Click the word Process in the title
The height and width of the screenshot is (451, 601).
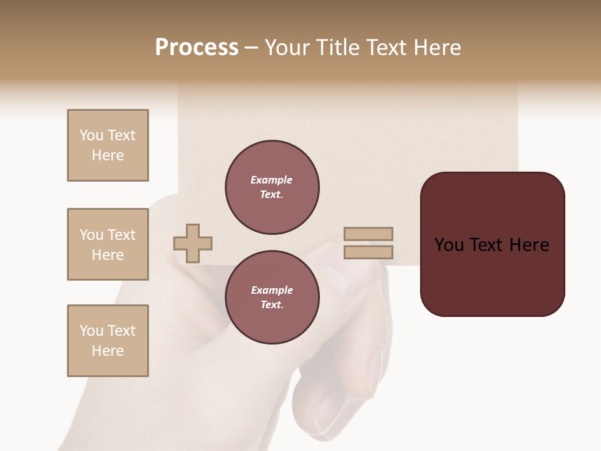(197, 48)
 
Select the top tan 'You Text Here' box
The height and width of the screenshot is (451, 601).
(108, 145)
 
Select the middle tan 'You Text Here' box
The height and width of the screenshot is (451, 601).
(108, 244)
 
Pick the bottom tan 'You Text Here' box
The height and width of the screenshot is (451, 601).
(108, 341)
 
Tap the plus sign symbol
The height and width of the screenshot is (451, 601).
(193, 243)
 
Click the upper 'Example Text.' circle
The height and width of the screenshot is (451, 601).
(272, 187)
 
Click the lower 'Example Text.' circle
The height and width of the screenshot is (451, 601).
(272, 298)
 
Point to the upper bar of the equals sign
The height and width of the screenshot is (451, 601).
(368, 234)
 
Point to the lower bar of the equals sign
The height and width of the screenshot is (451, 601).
(368, 252)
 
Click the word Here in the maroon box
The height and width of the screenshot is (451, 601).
(529, 245)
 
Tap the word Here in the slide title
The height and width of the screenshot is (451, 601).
(436, 48)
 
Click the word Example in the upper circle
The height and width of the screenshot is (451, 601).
(272, 180)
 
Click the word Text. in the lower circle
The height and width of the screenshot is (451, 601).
(272, 305)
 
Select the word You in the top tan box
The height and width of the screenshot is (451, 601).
(91, 135)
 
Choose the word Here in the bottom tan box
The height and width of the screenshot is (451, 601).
(108, 351)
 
